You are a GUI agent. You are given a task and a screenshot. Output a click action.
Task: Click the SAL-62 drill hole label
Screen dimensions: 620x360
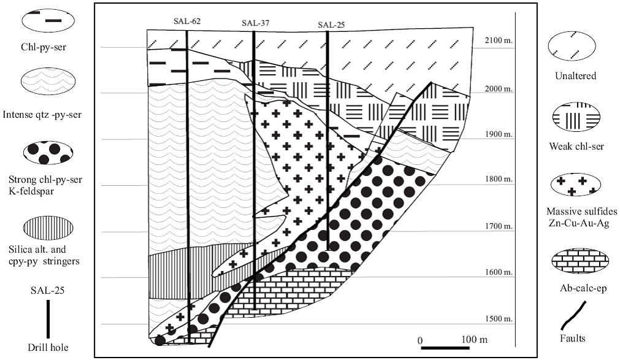[x=188, y=21]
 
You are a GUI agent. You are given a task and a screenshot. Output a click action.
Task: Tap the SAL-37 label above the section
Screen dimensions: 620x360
[x=255, y=23]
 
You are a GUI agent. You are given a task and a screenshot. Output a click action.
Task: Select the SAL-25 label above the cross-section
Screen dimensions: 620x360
[x=331, y=25]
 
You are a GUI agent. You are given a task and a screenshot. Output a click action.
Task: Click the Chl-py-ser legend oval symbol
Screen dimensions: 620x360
[x=48, y=20]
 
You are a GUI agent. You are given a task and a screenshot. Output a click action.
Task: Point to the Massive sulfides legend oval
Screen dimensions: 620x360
[x=574, y=184]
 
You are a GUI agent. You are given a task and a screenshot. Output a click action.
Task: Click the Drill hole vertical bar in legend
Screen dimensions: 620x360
[x=48, y=318]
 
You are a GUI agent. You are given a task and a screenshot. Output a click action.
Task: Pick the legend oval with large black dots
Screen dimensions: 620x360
[x=48, y=153]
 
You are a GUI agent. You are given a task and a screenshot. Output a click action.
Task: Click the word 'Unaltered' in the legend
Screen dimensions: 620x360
[x=575, y=76]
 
